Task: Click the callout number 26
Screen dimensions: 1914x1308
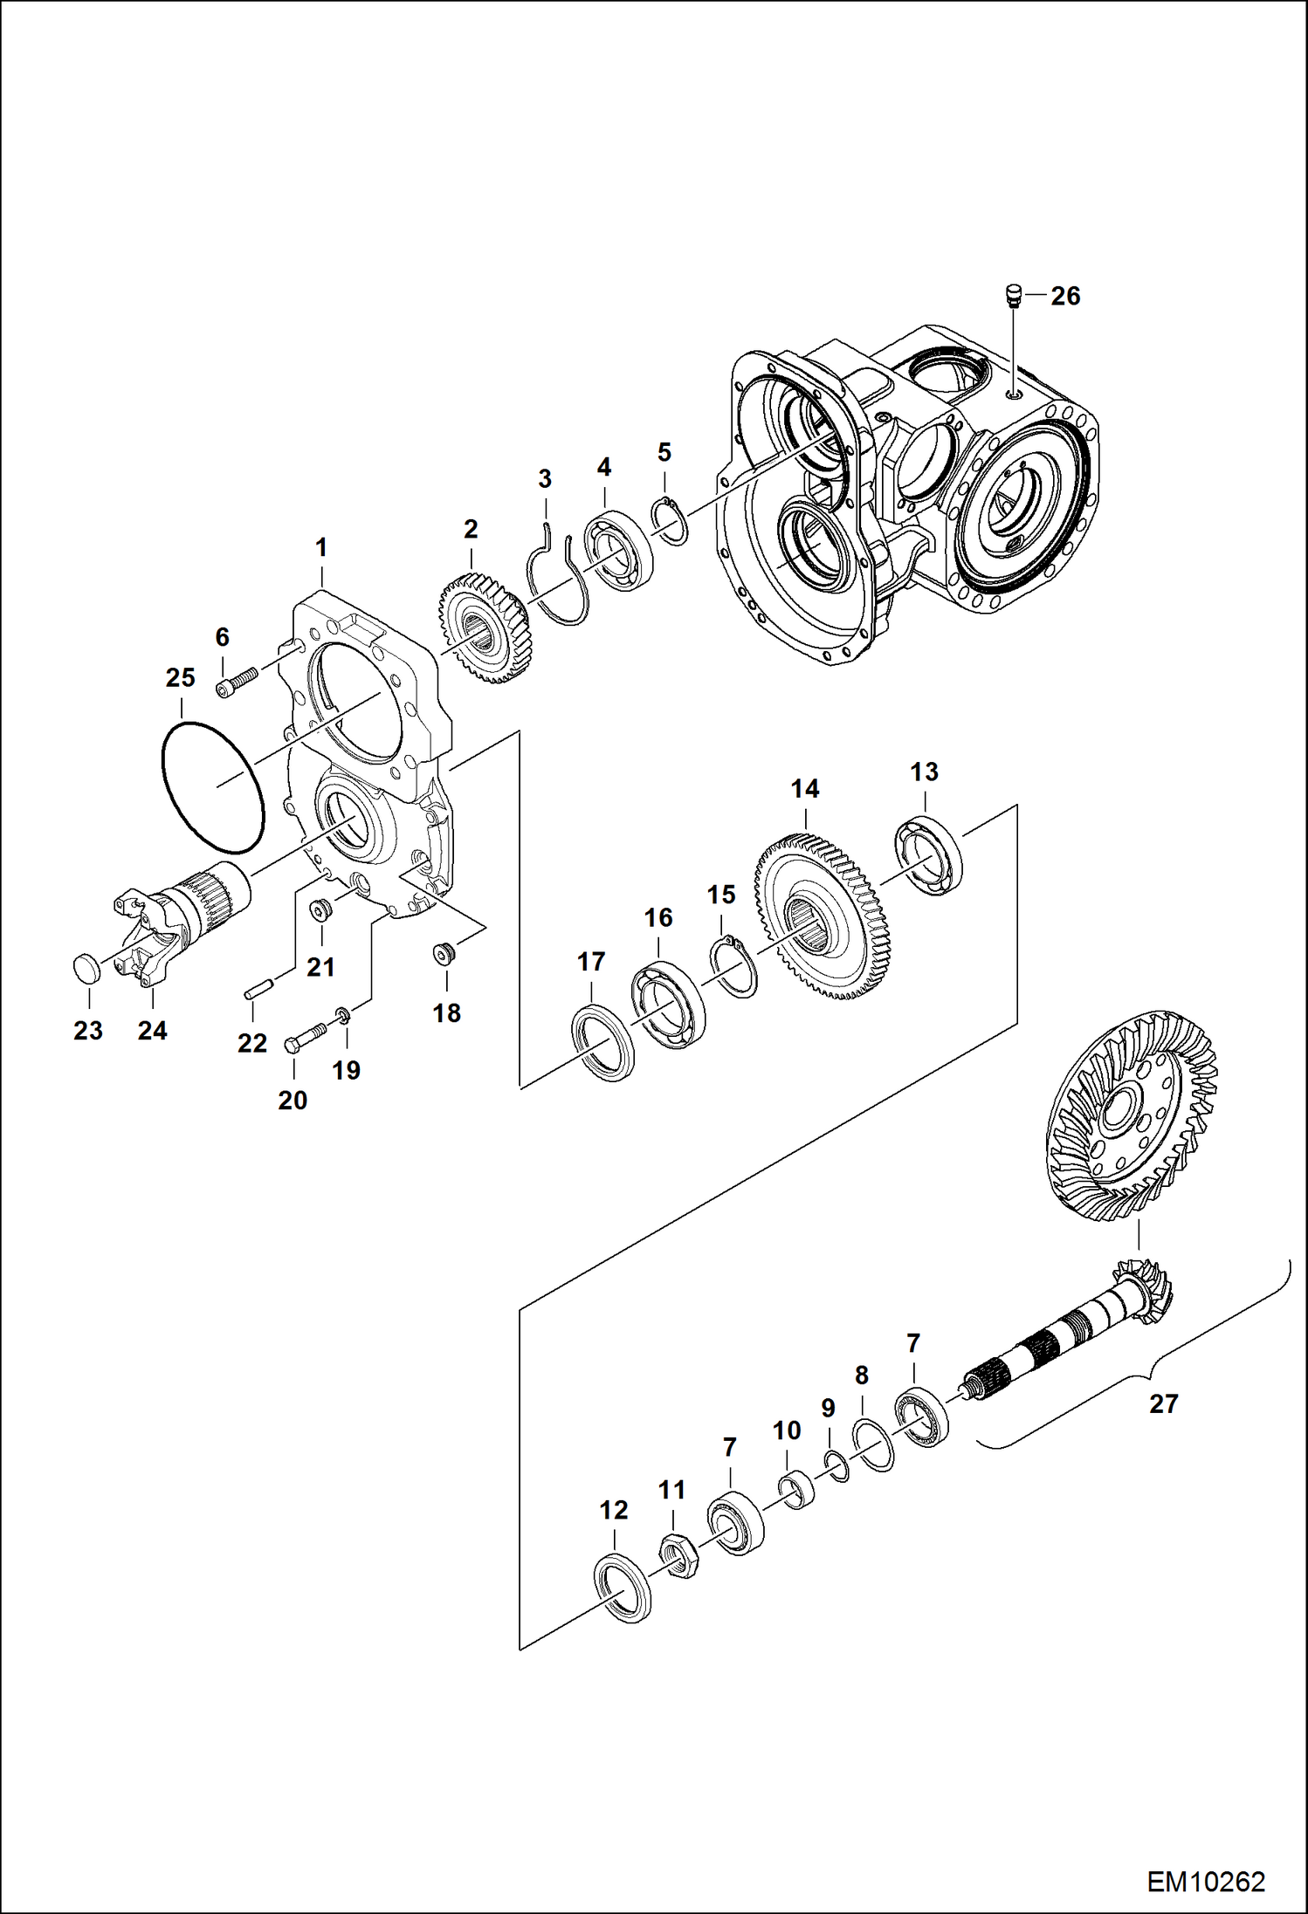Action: (x=1065, y=296)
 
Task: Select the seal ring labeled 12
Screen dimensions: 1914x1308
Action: (x=623, y=1588)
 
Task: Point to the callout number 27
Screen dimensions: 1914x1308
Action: (x=1163, y=1403)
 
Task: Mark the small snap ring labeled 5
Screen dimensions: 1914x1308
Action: (x=671, y=521)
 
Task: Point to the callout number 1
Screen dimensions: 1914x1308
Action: (x=320, y=547)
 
